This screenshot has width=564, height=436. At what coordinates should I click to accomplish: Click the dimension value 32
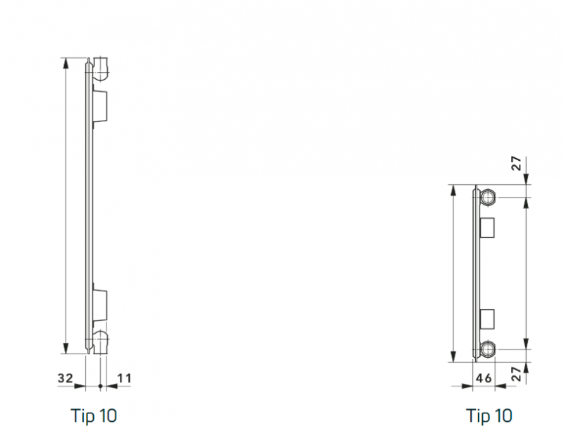pos(66,377)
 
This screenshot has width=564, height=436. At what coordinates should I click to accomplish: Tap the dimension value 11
pos(125,378)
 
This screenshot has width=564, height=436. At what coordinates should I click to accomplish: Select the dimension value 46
pos(484,378)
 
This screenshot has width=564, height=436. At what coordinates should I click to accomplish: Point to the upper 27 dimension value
pos(517,163)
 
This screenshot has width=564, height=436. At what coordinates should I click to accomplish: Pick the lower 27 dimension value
pos(517,374)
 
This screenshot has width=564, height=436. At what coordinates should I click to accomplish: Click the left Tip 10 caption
pos(94,416)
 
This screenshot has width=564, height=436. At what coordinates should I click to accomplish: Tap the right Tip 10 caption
pos(489,416)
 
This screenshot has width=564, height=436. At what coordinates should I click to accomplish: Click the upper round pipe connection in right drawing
pos(488,198)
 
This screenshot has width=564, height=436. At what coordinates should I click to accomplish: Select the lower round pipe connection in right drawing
pos(488,349)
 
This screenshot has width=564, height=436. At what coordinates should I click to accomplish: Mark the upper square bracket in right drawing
pos(487,228)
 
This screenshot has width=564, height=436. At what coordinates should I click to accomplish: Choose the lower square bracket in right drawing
pos(487,319)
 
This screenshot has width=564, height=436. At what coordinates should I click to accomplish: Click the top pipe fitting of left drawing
pos(101,68)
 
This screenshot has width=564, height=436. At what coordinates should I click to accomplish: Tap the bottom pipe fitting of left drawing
pos(101,342)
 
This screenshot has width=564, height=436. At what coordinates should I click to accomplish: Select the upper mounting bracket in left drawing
pos(99,106)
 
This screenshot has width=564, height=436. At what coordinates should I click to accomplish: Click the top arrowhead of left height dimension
pos(66,63)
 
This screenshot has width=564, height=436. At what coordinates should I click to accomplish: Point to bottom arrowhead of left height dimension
pos(66,348)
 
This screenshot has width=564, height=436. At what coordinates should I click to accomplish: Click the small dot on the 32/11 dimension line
pos(101,386)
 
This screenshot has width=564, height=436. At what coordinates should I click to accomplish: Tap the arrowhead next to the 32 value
pos(80,386)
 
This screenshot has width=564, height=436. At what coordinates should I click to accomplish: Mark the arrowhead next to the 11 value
pos(112,386)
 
